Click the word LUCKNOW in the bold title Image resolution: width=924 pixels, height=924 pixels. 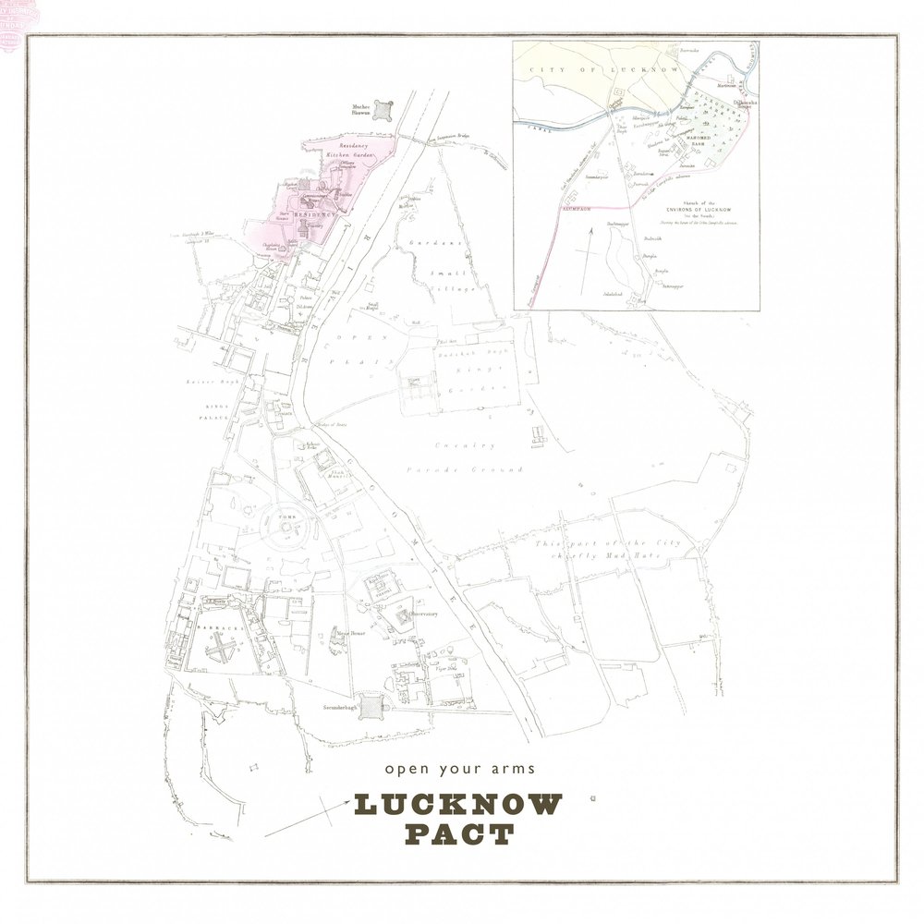(457, 805)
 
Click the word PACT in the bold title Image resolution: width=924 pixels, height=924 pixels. (459, 835)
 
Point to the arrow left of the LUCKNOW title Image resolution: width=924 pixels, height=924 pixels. (301, 820)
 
